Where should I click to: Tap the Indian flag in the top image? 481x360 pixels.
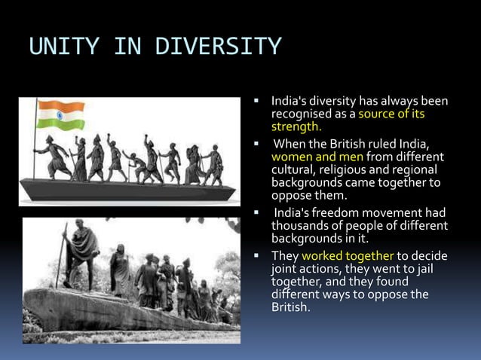[x=61, y=116]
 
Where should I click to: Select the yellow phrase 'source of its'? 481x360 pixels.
[x=391, y=114]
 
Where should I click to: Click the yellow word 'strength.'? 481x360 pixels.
[x=296, y=127]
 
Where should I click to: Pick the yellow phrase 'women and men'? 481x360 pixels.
[x=317, y=157]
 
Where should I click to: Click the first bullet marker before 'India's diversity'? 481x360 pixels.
[x=256, y=101]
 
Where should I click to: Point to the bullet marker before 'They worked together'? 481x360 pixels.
[x=256, y=255]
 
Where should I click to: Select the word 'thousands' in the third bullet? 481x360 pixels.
[x=298, y=225]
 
